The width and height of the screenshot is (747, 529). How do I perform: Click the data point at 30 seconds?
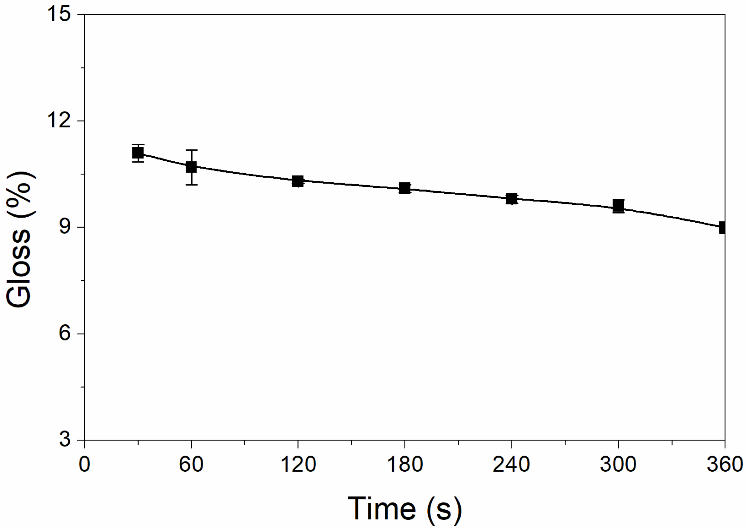138,153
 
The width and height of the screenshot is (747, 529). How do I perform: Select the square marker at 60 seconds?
191,167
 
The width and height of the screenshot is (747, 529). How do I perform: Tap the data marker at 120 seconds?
298,181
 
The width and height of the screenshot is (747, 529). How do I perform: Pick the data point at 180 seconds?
405,188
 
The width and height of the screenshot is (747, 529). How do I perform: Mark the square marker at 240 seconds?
511,198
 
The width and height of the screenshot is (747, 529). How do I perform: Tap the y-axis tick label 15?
58,15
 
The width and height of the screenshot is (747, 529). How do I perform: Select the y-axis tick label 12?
58,121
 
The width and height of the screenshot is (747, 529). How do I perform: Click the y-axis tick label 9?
65,227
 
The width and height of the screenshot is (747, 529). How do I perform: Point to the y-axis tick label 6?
65,334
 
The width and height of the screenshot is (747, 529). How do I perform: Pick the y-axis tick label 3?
65,440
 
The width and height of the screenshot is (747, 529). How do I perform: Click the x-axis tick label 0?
84,464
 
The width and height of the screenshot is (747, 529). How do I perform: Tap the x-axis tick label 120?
298,464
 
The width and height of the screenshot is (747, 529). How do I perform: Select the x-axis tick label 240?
511,464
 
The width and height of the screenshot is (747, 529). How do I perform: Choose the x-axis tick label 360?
725,464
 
